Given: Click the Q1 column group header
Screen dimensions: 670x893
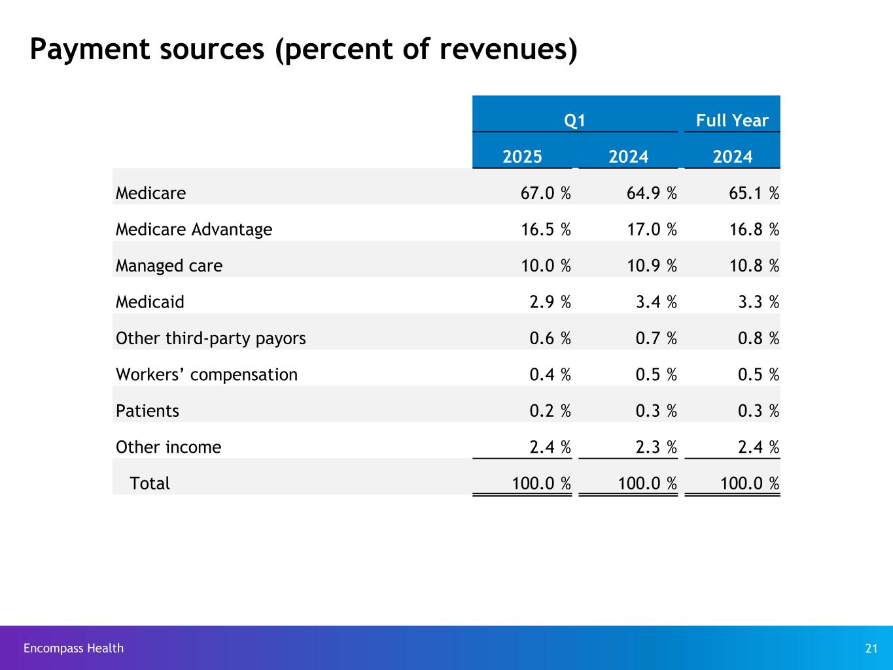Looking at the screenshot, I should click(574, 121).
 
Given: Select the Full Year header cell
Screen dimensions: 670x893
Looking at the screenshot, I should click(731, 121).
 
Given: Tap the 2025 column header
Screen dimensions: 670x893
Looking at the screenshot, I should click(522, 157).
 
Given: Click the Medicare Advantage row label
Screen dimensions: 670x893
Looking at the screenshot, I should click(194, 230).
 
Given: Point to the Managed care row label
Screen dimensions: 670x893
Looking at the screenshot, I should click(169, 266).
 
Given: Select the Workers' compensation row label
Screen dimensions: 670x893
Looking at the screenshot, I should click(206, 375).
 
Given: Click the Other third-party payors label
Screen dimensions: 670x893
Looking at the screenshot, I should click(211, 338).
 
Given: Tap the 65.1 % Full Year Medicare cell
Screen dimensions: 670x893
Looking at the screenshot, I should click(751, 194).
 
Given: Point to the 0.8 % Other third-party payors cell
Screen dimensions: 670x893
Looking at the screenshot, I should click(758, 338).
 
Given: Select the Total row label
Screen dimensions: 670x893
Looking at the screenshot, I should click(150, 484).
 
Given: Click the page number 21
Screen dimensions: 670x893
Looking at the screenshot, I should click(871, 648).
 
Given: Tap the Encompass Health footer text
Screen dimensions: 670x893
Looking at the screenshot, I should click(73, 648).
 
